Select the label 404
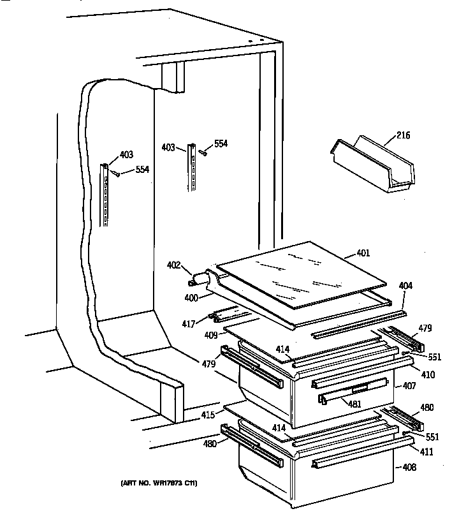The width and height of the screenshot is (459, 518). coord(406,286)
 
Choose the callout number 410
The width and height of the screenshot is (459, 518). coord(428,375)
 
